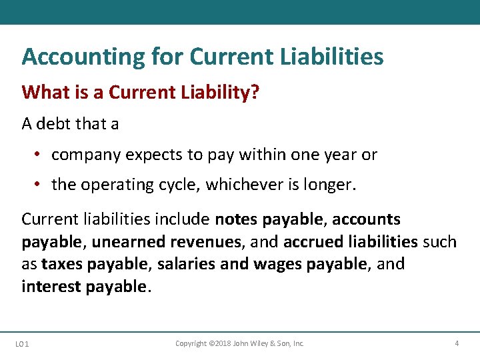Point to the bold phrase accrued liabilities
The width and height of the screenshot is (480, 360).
(x=351, y=241)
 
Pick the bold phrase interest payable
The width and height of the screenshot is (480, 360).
(x=83, y=287)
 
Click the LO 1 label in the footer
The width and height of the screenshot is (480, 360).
(x=21, y=344)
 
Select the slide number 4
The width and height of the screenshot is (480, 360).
(x=456, y=343)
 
